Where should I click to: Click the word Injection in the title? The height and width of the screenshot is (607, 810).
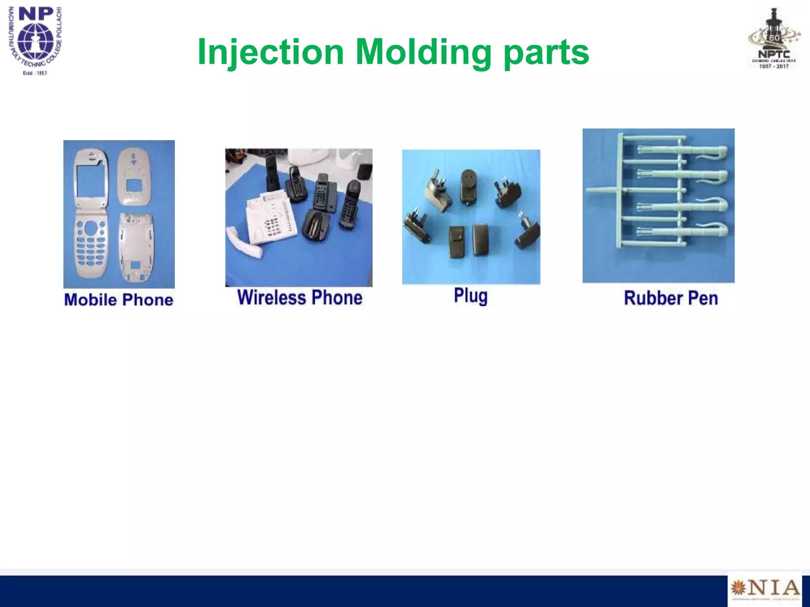pyautogui.click(x=271, y=52)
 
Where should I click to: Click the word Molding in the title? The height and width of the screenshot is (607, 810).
pyautogui.click(x=423, y=52)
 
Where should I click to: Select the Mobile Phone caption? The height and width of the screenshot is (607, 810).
pyautogui.click(x=119, y=300)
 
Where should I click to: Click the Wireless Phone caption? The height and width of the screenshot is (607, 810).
pyautogui.click(x=299, y=298)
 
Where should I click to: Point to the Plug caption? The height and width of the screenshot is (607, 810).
pyautogui.click(x=471, y=296)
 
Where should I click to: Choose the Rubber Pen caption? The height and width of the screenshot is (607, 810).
pyautogui.click(x=671, y=298)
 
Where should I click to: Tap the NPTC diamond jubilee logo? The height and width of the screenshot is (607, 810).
pyautogui.click(x=774, y=40)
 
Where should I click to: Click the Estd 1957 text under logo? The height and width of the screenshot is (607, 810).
pyautogui.click(x=35, y=73)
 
